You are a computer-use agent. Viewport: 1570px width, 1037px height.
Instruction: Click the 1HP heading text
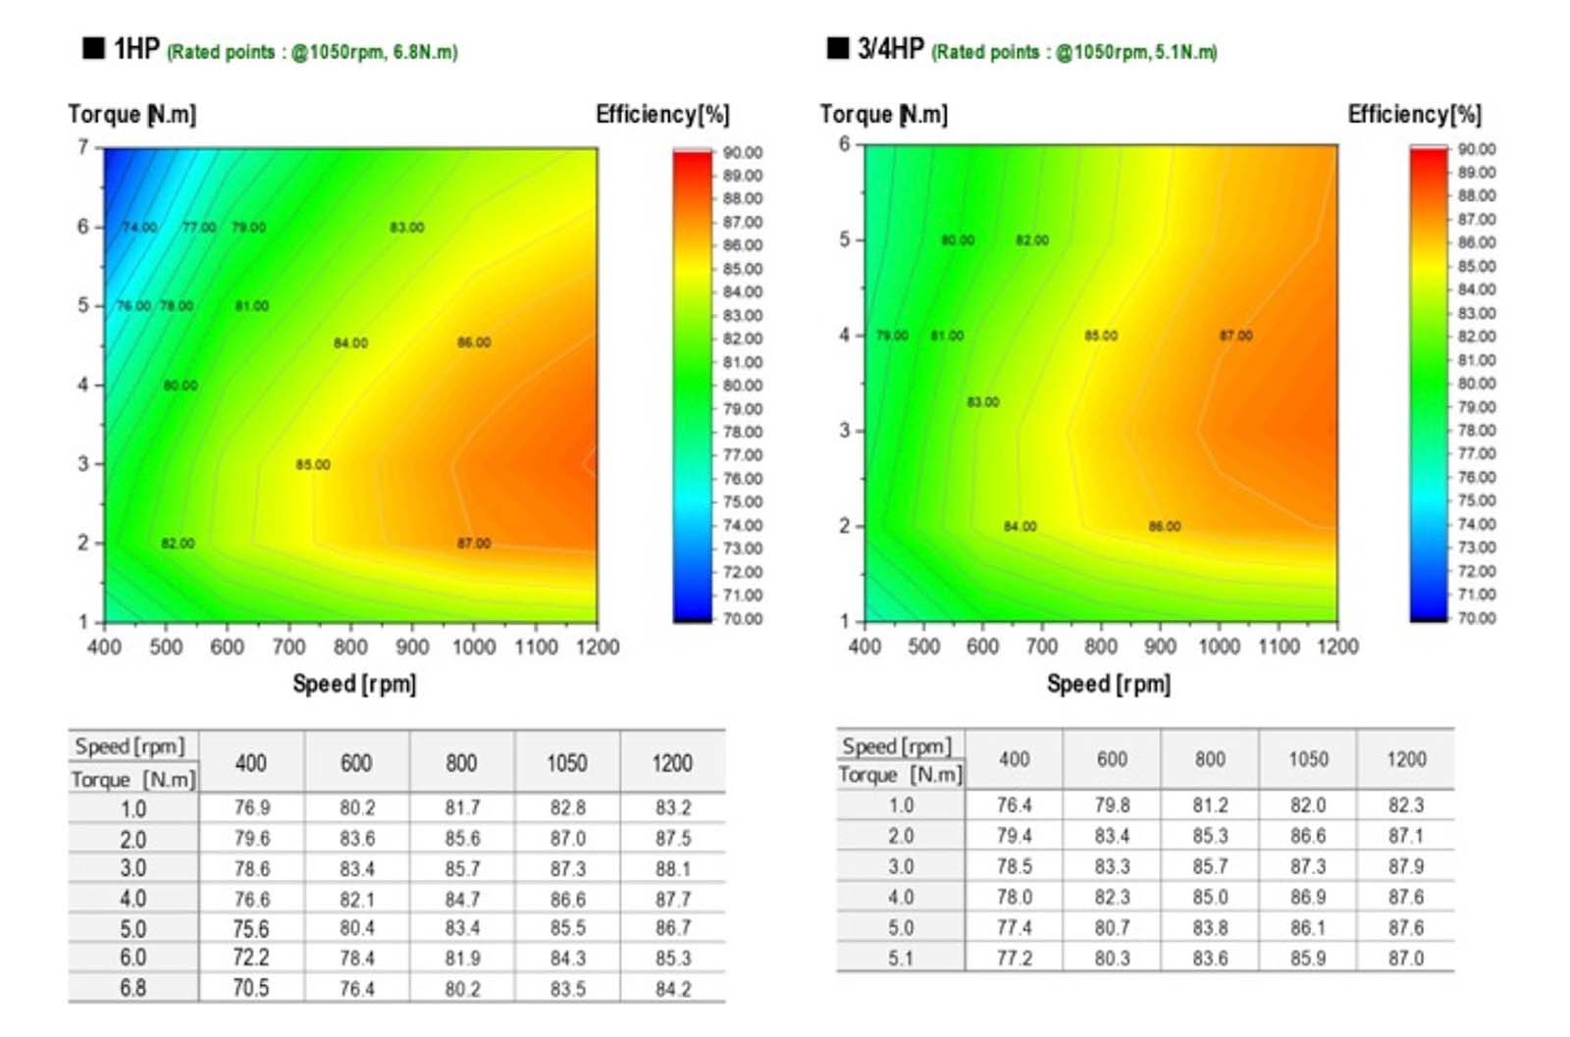click(x=135, y=49)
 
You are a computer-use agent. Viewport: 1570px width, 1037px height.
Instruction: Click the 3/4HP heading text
click(x=889, y=49)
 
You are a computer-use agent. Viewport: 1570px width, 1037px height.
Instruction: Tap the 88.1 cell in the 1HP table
click(x=672, y=869)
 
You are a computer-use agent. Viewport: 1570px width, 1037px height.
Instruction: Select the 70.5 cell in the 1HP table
click(x=250, y=988)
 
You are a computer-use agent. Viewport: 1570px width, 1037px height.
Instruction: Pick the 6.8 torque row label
click(x=132, y=988)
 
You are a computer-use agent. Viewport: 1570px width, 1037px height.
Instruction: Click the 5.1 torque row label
click(x=900, y=958)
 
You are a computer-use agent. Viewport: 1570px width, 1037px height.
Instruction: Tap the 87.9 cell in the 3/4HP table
click(x=1405, y=866)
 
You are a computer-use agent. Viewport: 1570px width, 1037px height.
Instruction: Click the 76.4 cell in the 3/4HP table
click(x=1014, y=805)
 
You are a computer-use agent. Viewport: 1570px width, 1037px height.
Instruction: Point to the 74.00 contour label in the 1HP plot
click(x=139, y=228)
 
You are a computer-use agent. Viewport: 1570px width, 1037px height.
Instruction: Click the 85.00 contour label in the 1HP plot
click(x=313, y=465)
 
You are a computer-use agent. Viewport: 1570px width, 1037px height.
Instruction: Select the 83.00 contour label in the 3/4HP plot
click(x=982, y=402)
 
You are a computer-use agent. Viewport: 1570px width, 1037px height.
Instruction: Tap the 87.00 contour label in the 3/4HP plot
click(x=1235, y=336)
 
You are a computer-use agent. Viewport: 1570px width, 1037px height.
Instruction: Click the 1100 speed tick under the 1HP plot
click(x=536, y=648)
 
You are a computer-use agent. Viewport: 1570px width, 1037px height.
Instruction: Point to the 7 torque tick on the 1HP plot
click(x=83, y=147)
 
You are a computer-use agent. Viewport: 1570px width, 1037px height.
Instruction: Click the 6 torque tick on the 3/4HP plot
click(x=844, y=144)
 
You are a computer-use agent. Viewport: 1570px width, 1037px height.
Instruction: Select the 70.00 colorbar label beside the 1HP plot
click(x=742, y=619)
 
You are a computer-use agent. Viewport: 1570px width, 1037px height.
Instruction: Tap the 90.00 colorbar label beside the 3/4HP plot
click(x=1476, y=149)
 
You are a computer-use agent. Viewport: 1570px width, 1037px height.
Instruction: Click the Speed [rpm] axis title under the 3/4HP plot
click(x=1108, y=684)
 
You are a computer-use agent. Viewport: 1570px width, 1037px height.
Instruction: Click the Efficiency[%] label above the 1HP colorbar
click(x=662, y=115)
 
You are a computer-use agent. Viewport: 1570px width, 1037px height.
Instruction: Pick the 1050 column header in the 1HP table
click(x=566, y=763)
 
